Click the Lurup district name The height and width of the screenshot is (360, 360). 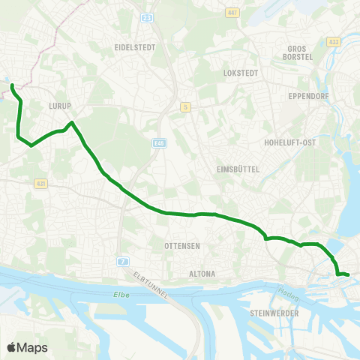tap(58, 106)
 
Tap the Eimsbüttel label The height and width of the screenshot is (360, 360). tap(238, 169)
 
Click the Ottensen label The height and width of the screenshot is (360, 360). tap(183, 246)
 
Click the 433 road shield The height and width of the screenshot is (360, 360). tap(333, 41)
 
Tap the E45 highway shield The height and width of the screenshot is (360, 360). tap(158, 142)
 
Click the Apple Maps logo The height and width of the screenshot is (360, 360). tap(27, 347)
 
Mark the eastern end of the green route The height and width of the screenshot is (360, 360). tap(348, 275)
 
